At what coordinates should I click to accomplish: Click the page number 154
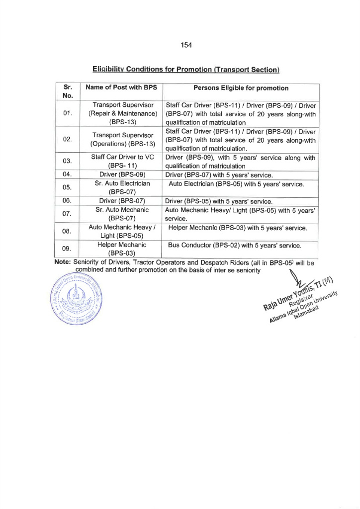(x=186, y=45)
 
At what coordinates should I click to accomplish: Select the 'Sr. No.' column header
(x=69, y=92)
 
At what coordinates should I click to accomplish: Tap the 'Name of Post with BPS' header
(x=121, y=88)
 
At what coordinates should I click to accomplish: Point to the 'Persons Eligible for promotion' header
(x=241, y=88)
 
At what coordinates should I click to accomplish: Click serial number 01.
(x=69, y=113)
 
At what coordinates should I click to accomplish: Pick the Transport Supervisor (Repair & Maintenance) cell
(x=122, y=113)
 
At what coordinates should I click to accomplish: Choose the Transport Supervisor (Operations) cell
(x=122, y=140)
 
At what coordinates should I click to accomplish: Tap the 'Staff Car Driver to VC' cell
(x=122, y=162)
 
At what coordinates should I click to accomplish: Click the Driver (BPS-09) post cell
(x=122, y=174)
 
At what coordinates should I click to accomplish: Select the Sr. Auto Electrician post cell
(x=122, y=188)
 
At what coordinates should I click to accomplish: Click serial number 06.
(x=69, y=201)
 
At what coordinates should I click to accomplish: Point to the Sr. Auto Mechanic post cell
(x=122, y=214)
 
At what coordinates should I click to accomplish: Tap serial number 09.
(x=69, y=249)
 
